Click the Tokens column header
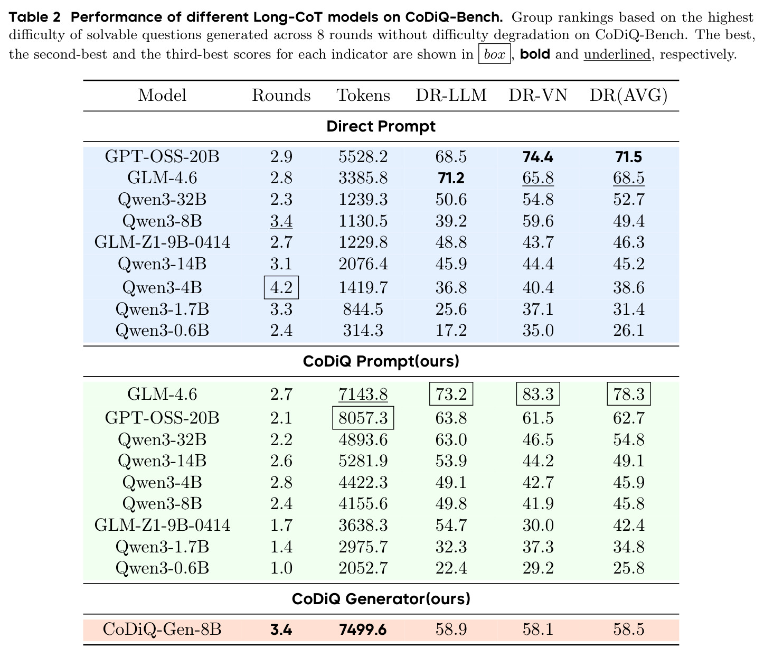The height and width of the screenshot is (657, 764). (x=363, y=96)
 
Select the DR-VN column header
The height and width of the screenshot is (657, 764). (x=538, y=96)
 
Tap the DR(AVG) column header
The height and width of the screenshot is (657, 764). (x=628, y=96)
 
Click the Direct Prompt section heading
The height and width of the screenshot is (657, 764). (x=381, y=126)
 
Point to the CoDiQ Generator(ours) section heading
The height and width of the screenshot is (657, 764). (x=381, y=598)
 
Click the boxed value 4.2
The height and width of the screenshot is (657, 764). (x=281, y=287)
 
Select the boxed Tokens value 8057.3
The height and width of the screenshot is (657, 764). (x=363, y=418)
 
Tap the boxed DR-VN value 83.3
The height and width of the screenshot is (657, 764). (x=538, y=394)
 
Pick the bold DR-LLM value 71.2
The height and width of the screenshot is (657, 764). (x=451, y=178)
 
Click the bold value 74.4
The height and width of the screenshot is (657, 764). (x=538, y=157)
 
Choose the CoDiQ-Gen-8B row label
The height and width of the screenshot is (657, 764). (x=162, y=629)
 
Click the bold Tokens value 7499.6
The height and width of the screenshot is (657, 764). (x=363, y=629)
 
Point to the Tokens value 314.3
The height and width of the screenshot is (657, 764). (x=363, y=330)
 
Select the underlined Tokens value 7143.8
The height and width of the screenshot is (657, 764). (x=363, y=394)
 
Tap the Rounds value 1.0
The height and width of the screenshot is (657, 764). (x=281, y=568)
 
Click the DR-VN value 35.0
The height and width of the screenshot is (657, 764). (x=538, y=330)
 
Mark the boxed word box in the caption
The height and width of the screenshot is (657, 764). (x=494, y=54)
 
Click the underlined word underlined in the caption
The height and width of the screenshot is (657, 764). (x=617, y=54)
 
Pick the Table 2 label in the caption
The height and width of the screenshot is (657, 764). (x=34, y=17)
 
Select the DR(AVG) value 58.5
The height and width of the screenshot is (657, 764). (x=628, y=629)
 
